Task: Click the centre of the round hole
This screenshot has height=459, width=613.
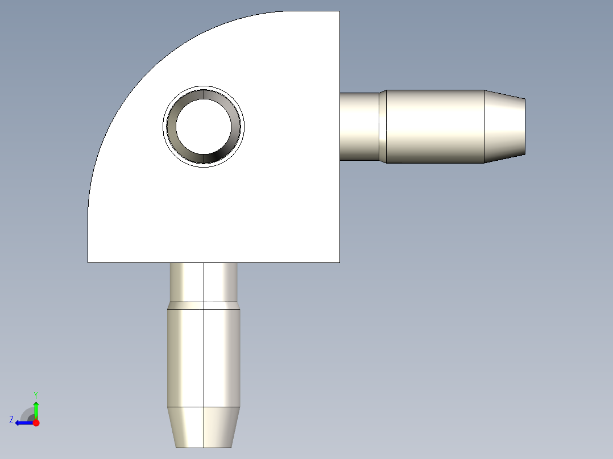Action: point(204,127)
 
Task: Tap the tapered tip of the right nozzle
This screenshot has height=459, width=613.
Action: point(505,127)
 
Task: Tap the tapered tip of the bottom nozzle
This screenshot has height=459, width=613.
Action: point(204,427)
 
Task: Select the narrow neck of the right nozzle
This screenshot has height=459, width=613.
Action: point(359,126)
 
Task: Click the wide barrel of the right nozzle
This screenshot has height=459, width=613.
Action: point(435,126)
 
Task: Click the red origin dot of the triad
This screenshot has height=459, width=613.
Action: point(36,423)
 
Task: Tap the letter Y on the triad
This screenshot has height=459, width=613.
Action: point(36,394)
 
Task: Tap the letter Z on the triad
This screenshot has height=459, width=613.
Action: point(11,419)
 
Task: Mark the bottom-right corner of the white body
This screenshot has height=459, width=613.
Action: point(339,262)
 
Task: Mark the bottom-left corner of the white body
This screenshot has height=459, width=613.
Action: point(88,262)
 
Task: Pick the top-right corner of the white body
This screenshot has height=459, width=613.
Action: point(339,11)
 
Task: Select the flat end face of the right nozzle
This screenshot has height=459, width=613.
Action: point(524,127)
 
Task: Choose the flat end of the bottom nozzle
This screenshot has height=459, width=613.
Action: point(204,447)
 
